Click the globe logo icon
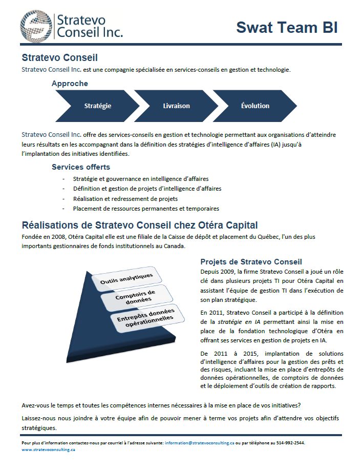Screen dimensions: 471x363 click(36, 25)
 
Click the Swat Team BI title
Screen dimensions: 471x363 click(287, 27)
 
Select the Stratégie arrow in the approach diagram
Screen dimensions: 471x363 click(97, 106)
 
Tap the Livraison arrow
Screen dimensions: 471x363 click(176, 106)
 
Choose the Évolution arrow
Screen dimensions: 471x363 click(255, 106)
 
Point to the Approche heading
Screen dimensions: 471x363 click(70, 84)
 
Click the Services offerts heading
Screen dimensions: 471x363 click(81, 167)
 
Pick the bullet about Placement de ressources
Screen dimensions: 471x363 click(146, 209)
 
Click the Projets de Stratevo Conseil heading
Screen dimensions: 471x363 click(251, 261)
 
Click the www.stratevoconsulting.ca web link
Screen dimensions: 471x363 click(48, 449)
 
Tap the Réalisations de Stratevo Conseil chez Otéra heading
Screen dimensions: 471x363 click(139, 225)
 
